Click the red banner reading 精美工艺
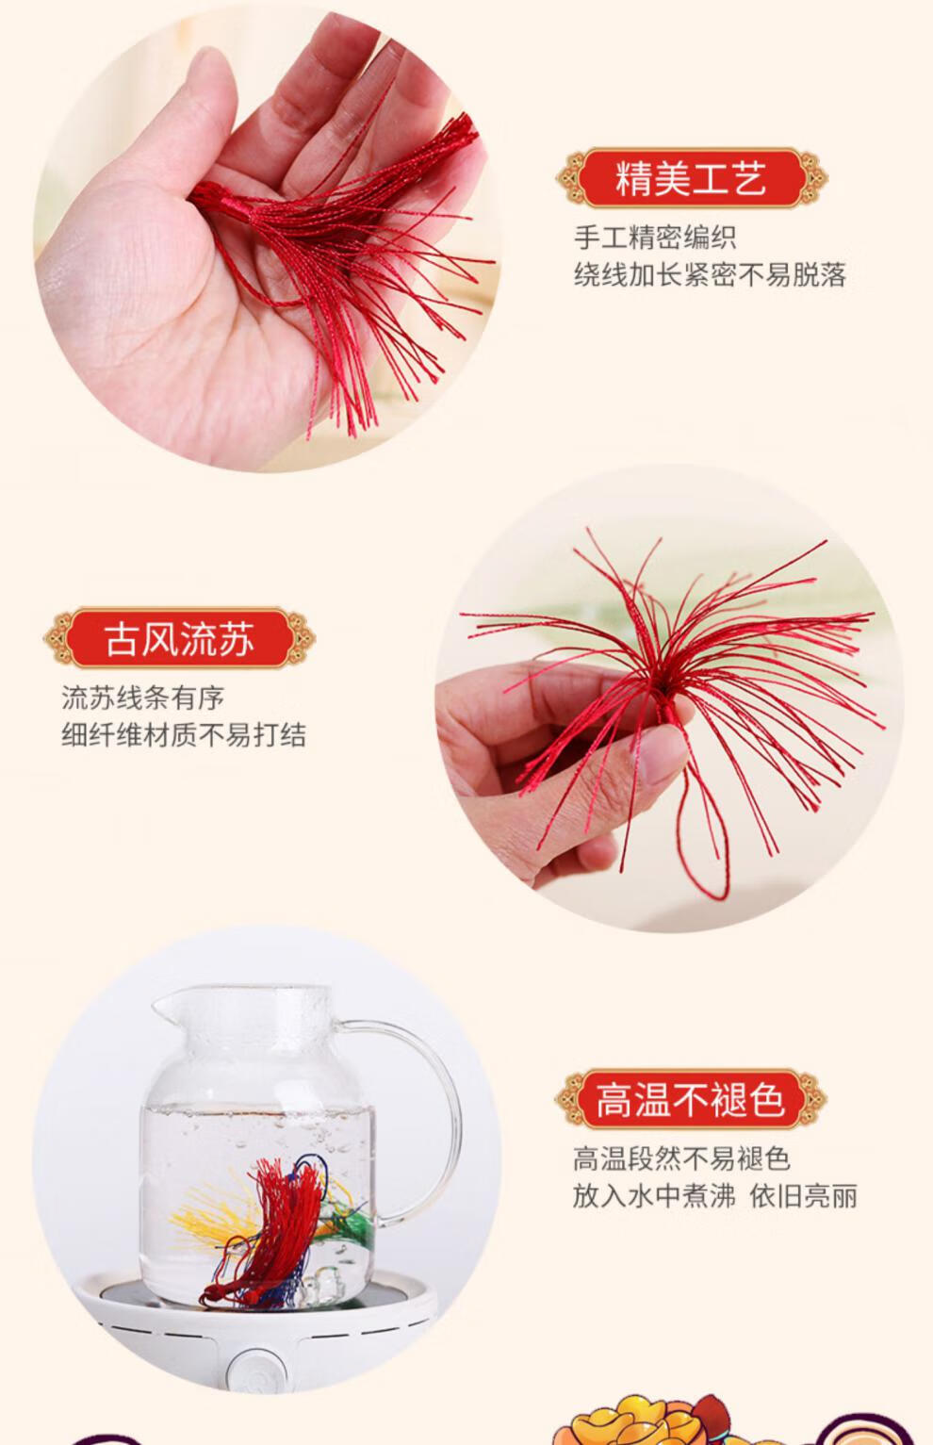click(x=691, y=178)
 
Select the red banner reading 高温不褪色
click(x=690, y=1099)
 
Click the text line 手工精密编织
click(x=655, y=237)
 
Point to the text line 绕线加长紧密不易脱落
click(x=711, y=275)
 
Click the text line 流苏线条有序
click(x=143, y=698)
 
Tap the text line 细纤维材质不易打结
click(x=184, y=735)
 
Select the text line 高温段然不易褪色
click(x=681, y=1158)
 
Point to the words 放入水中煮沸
click(x=653, y=1196)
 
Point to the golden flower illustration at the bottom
click(x=603, y=1423)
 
